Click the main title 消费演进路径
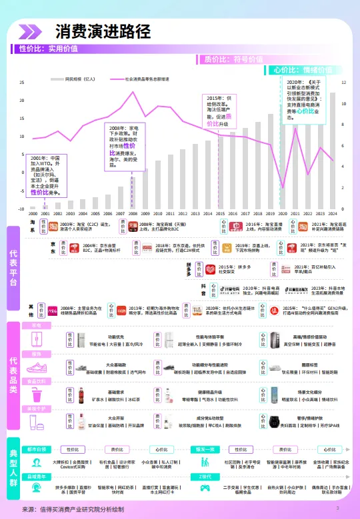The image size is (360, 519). [103, 31]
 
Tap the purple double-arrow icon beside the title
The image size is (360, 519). [30, 31]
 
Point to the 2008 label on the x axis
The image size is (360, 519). [133, 214]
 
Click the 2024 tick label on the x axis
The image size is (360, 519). [332, 214]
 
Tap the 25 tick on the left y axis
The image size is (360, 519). [22, 83]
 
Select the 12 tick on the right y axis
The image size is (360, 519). [343, 83]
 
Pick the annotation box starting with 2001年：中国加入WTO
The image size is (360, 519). [49, 175]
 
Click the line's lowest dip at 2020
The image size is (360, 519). [283, 188]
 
